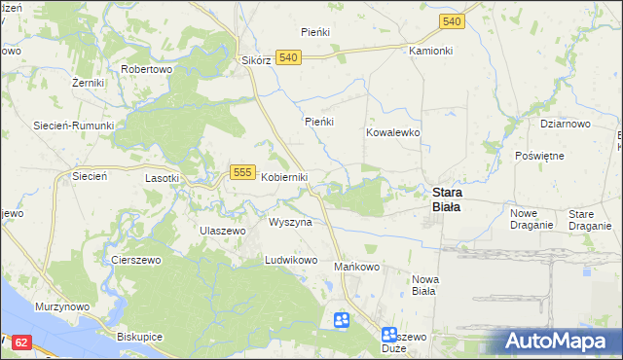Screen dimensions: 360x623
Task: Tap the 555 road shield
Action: tap(242, 172)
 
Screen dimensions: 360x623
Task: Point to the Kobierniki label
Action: tap(284, 177)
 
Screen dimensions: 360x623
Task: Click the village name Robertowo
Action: tap(146, 70)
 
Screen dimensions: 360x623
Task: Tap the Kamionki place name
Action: tap(431, 50)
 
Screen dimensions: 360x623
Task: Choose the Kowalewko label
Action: tap(392, 131)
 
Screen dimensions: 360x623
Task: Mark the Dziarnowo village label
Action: tap(566, 125)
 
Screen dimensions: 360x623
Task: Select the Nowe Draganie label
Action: tap(531, 219)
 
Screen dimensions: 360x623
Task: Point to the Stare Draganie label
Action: tap(589, 219)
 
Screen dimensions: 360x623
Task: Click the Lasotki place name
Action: tap(162, 178)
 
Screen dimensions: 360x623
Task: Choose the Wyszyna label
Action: tap(290, 222)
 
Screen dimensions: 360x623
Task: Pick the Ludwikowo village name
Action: tap(292, 261)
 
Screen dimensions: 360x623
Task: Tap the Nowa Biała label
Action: tap(425, 285)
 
